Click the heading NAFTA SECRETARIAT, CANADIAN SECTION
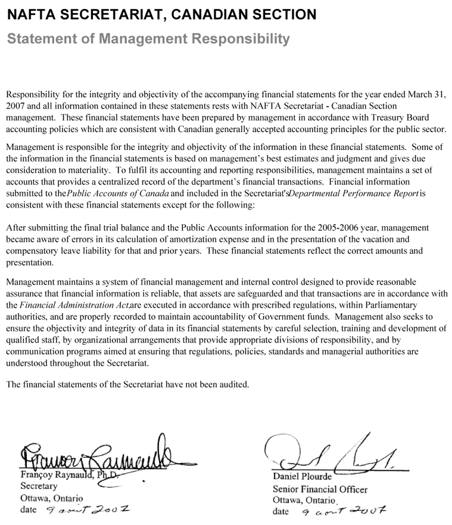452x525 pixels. [161, 13]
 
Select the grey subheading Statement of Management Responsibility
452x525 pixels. [148, 39]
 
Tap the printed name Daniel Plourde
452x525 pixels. [302, 477]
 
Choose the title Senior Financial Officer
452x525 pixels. [320, 489]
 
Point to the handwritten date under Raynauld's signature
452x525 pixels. [87, 510]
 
